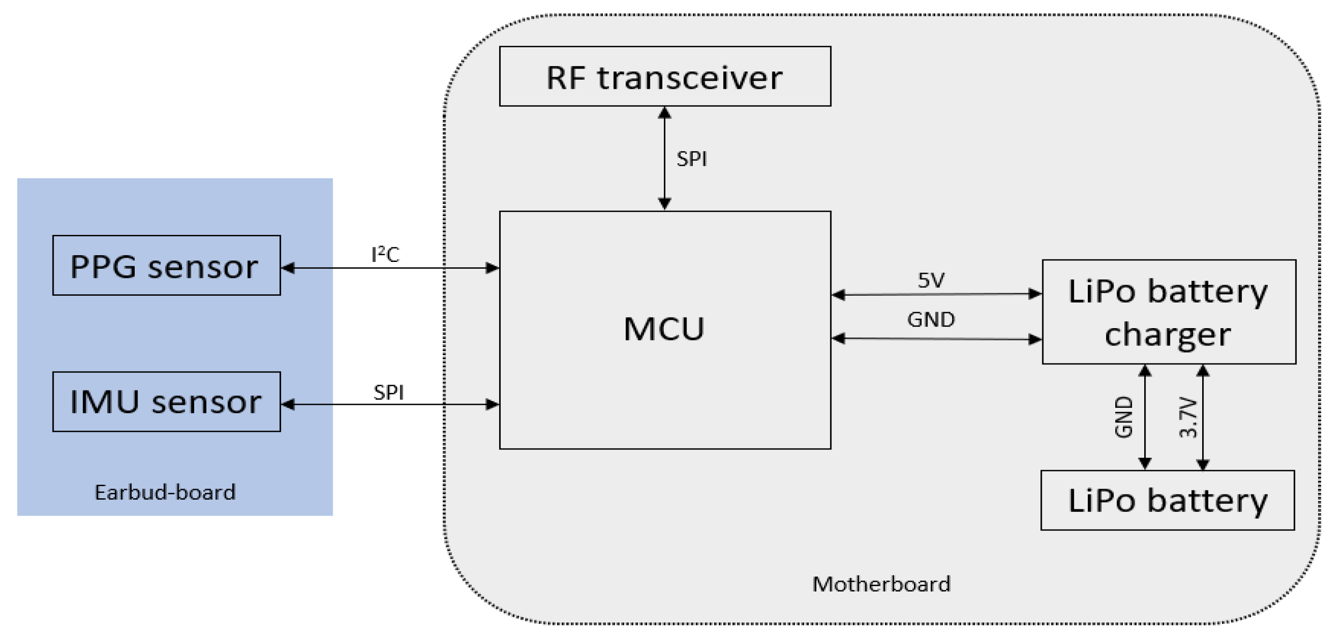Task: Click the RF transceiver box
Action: pos(664,77)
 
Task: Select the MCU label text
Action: pos(664,329)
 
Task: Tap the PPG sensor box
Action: pos(166,266)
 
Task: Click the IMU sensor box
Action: pos(166,402)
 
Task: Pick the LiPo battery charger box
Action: pos(1168,312)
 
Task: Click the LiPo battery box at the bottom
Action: pos(1167,500)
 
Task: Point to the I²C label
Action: pos(386,254)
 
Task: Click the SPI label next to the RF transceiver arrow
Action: pos(691,159)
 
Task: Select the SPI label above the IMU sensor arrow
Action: pos(388,392)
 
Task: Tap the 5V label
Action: pos(931,280)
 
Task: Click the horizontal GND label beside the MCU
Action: pos(931,319)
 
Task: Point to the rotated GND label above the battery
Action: pos(1123,418)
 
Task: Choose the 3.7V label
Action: pos(1188,418)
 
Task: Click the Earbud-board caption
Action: pos(165,492)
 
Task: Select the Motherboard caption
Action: pos(881,584)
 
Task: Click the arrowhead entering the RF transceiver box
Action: pos(664,113)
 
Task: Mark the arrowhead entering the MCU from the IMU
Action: pos(492,404)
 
